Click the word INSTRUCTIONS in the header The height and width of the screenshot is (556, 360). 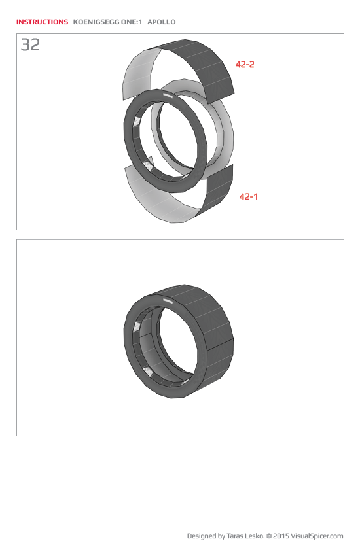coord(42,22)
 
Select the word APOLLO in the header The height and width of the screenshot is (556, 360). coord(162,22)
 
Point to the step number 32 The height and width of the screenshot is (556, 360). coord(30,45)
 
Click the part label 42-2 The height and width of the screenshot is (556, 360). coord(245,64)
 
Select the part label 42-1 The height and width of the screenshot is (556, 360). coord(248,196)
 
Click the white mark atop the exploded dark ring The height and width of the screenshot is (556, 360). coord(168,96)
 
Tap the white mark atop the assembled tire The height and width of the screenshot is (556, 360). coord(168,302)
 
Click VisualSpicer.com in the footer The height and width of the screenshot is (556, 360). coord(317,536)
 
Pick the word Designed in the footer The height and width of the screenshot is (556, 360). coord(202,536)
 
